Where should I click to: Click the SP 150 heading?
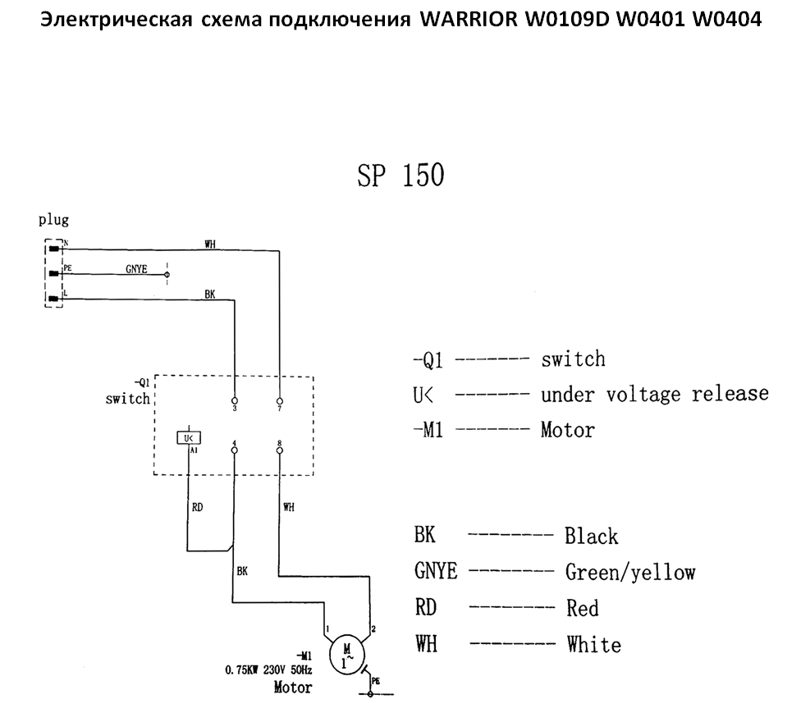pos(400,176)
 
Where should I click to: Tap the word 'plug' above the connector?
pos(53,220)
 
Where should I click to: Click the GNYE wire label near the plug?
pos(136,268)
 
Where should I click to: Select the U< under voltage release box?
pos(189,438)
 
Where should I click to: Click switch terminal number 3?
pos(235,400)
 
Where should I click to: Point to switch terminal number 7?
pos(281,400)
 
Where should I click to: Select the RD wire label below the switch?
pos(197,507)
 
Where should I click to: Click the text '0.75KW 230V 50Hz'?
pos(268,669)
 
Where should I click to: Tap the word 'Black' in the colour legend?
pos(591,537)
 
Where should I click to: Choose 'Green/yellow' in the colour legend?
pos(629,572)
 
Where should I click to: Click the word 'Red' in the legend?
pos(582,608)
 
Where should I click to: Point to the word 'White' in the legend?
pos(593,644)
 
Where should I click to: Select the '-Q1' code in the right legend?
pos(428,359)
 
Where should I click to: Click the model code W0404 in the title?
pos(727,18)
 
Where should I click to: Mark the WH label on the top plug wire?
pos(211,244)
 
